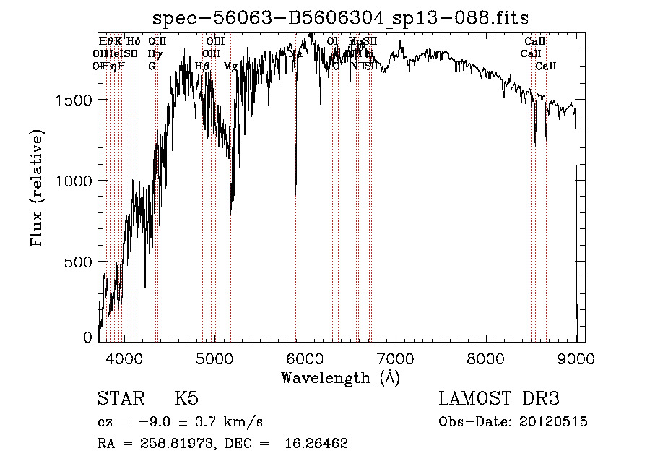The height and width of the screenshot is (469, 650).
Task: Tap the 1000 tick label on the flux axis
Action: [76, 181]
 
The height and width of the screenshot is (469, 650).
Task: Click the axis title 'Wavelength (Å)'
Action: [340, 377]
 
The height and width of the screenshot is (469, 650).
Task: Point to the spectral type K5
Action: [186, 400]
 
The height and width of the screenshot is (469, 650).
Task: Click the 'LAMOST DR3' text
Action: [499, 400]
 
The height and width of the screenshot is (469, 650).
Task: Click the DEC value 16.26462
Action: [315, 444]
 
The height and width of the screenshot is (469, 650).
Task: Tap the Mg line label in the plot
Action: [230, 66]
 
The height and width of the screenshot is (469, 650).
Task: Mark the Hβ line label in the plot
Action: [202, 66]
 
